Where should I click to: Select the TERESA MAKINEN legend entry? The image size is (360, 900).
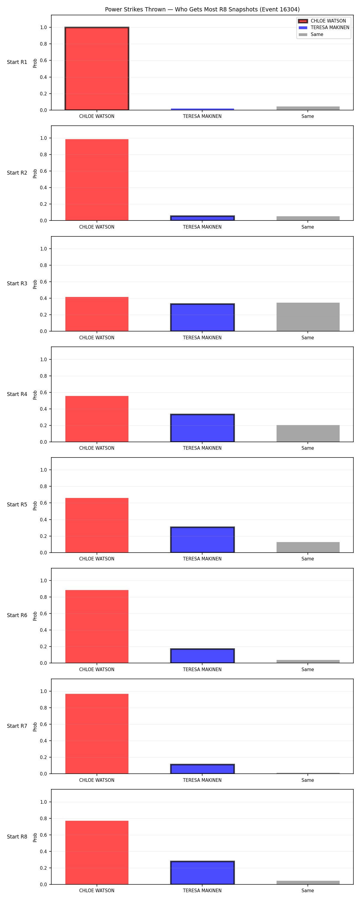tap(324, 28)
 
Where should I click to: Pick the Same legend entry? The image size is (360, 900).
tap(311, 34)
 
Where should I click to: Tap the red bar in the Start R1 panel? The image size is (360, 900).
tap(97, 68)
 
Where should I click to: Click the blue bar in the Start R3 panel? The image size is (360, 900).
tap(202, 317)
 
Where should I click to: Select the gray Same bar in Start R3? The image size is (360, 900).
tap(308, 317)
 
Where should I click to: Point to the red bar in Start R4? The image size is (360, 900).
tap(97, 419)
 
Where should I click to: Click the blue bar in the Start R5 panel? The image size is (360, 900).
tap(202, 539)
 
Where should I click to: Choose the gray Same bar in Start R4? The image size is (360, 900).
tap(308, 433)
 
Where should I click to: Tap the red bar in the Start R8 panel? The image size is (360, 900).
tap(97, 853)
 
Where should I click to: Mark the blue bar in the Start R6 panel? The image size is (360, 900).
tap(202, 656)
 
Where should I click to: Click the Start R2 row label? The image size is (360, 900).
tap(17, 173)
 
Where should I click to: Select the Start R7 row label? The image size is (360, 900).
tap(17, 726)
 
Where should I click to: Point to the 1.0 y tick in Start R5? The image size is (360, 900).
tap(43, 470)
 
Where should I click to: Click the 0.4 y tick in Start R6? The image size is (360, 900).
tap(43, 630)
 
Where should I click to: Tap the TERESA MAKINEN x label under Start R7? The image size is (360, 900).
tap(202, 780)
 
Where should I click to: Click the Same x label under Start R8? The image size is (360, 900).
tap(307, 891)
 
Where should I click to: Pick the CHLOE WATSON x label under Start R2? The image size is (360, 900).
tap(97, 227)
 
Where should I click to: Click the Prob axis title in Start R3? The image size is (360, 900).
tap(35, 284)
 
